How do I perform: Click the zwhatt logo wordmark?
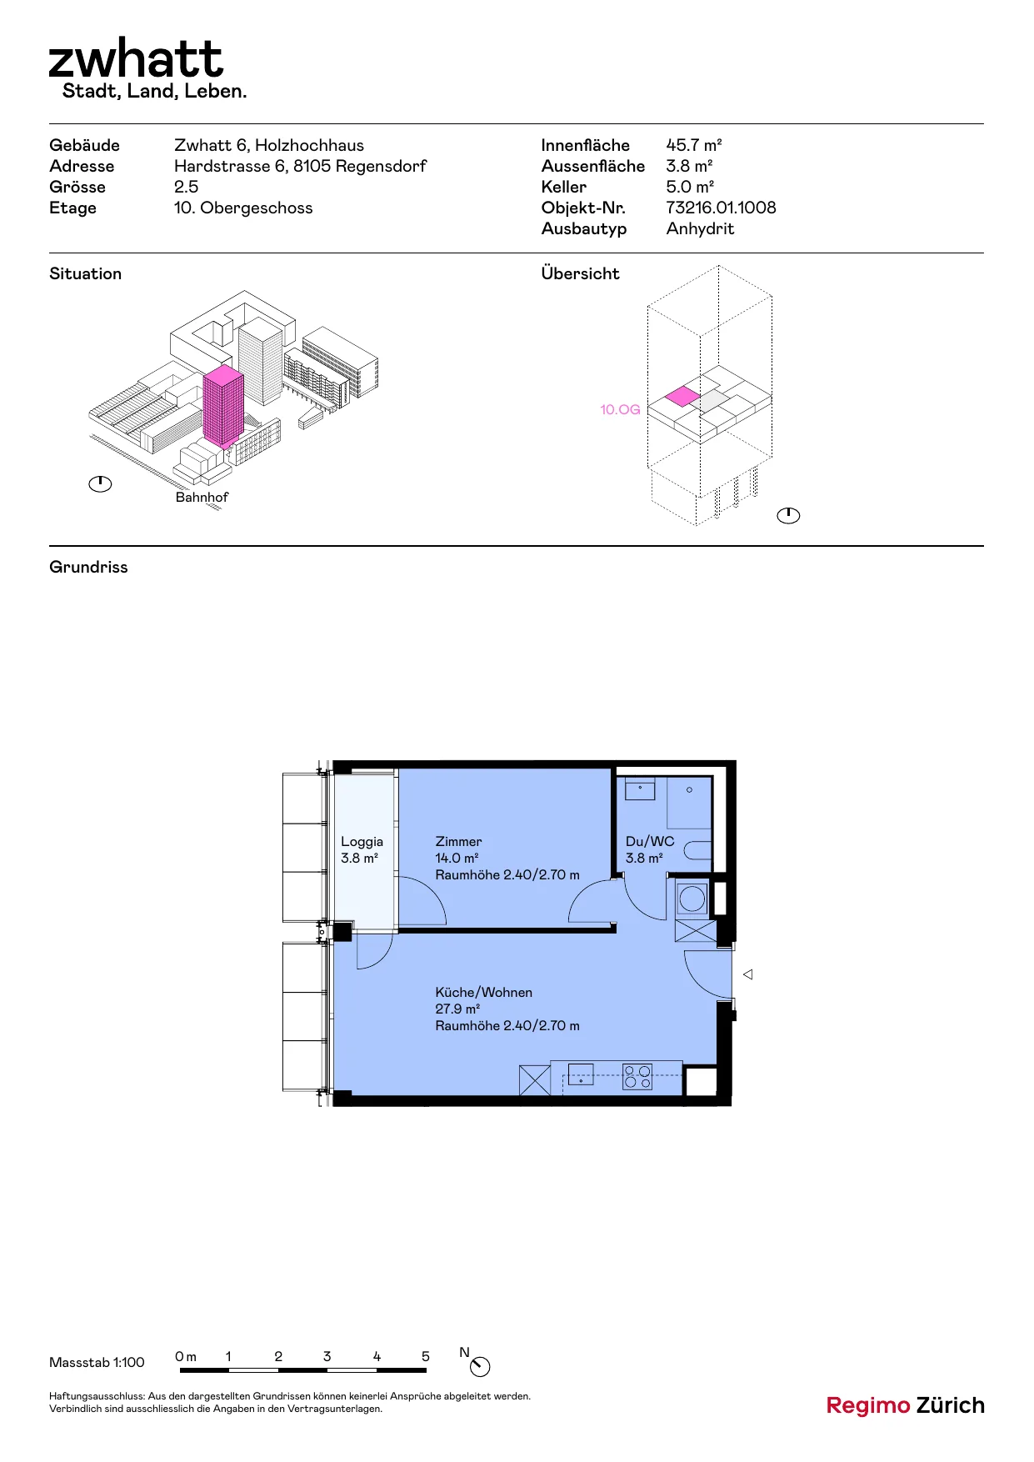click(136, 58)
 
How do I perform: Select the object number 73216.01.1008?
click(721, 208)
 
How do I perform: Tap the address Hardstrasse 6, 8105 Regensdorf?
click(300, 166)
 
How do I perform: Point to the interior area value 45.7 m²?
click(694, 145)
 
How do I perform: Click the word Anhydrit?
click(700, 229)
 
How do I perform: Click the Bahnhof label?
click(202, 497)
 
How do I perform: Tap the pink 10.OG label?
click(620, 409)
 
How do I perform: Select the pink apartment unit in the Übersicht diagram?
click(682, 396)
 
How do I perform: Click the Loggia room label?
click(362, 842)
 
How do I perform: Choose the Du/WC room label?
click(650, 842)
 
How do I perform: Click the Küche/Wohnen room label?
click(483, 993)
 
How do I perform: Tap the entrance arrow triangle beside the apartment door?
click(748, 974)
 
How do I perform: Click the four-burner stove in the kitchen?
click(637, 1077)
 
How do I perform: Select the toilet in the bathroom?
click(698, 850)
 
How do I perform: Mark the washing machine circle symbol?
click(692, 899)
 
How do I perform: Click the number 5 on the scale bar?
click(425, 1357)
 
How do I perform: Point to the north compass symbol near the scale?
click(480, 1367)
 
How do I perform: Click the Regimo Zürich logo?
click(906, 1406)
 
